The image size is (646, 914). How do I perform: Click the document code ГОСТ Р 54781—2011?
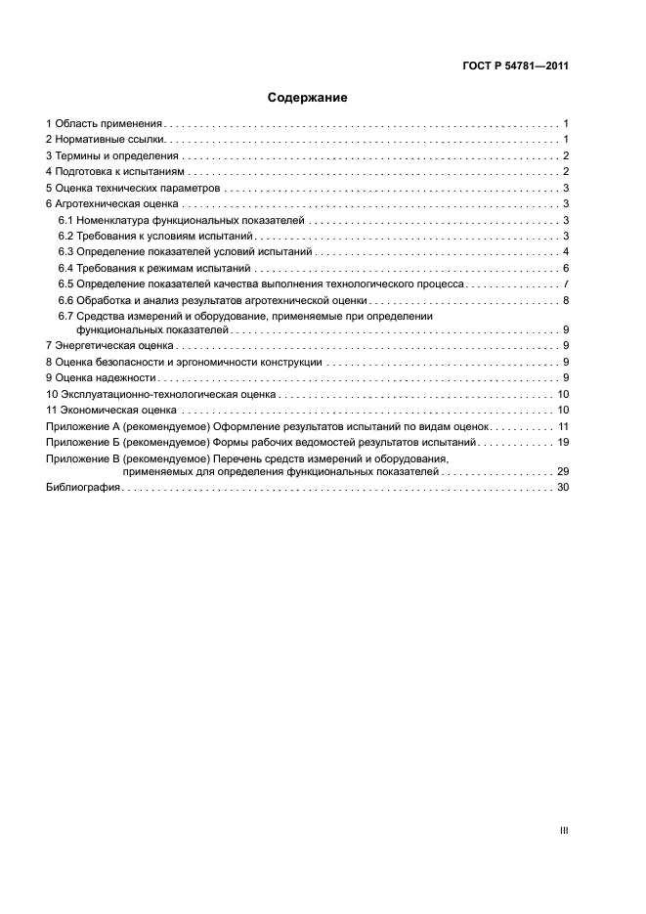pos(515,67)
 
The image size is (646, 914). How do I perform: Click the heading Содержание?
pos(307,98)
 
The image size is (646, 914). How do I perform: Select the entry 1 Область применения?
pos(104,124)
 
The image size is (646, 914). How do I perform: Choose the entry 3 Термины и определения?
pos(111,155)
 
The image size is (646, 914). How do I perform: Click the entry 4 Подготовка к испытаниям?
pos(115,172)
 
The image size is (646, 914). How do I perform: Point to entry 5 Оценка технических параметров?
pos(133,188)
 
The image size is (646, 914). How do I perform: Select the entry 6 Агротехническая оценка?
pos(111,203)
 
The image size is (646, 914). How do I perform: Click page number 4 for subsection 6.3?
pos(566,252)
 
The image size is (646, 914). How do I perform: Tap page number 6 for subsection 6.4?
pos(566,268)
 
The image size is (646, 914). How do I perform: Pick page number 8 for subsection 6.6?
pos(566,300)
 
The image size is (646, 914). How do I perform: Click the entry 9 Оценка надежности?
pos(101,377)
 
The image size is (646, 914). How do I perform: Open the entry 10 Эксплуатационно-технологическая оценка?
pos(160,394)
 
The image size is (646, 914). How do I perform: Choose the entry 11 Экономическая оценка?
pos(111,410)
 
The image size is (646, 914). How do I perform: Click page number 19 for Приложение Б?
pos(563,443)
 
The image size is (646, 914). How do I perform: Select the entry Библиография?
pos(82,487)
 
